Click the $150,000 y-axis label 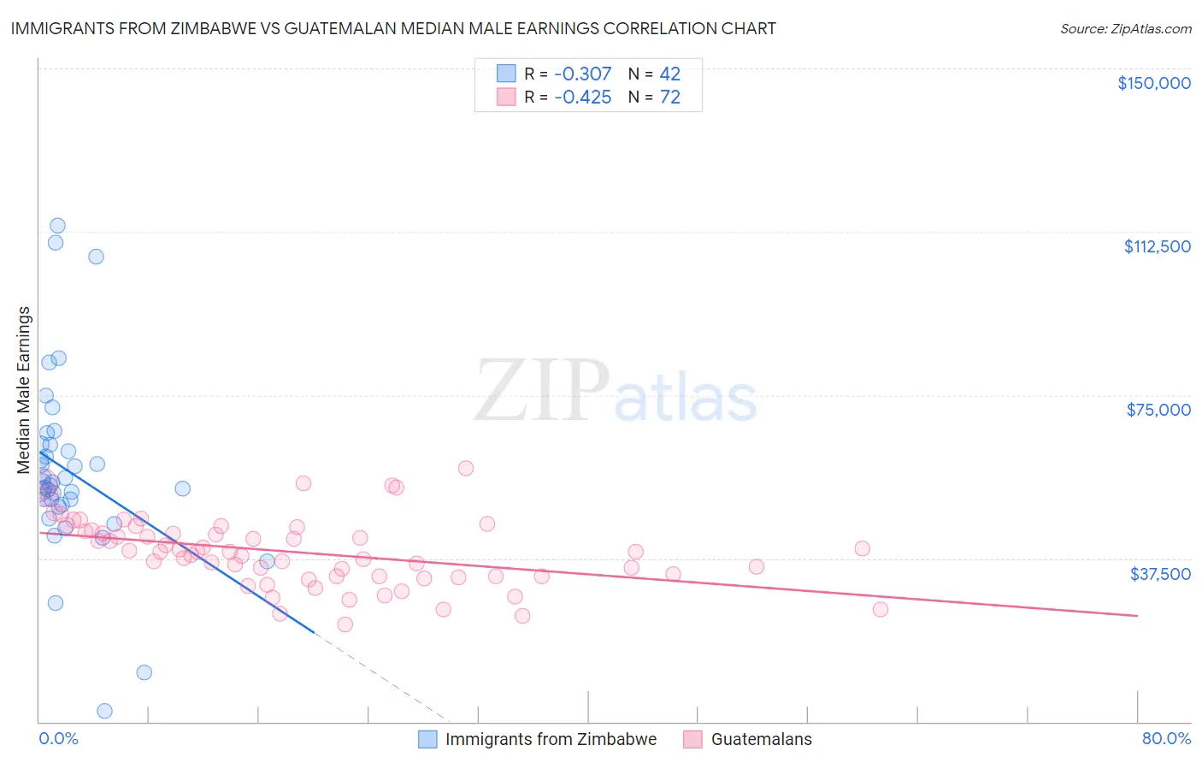[1153, 83]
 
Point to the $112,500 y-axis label [1157, 246]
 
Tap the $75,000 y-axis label [1158, 410]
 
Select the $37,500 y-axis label [1160, 574]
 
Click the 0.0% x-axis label [58, 738]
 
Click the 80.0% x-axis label [1166, 738]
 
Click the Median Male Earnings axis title [24, 389]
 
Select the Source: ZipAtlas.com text [1125, 29]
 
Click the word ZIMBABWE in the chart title [231, 28]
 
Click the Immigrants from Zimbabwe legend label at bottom [551, 739]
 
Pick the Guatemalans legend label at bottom [761, 739]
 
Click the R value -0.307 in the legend [582, 74]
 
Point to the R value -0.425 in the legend [582, 98]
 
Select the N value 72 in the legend [670, 98]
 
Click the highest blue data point [57, 226]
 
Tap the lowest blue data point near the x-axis [104, 711]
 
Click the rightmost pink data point [880, 609]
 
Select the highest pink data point [466, 468]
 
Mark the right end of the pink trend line [1137, 616]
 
